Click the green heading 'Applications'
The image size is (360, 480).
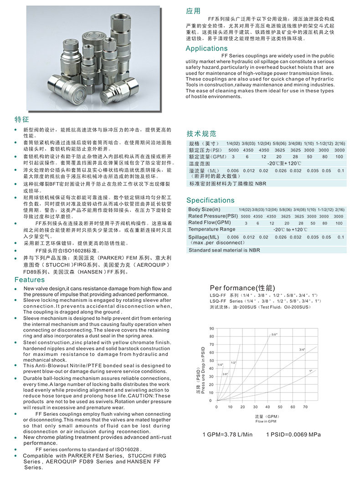206,49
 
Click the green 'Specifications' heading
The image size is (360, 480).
210,200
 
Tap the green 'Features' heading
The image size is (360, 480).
30,280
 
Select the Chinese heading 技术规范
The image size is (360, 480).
201,134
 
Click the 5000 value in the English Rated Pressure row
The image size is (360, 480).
245,216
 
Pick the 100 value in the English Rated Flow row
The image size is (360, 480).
339,223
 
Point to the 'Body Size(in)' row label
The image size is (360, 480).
204,209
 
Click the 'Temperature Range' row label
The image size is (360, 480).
211,229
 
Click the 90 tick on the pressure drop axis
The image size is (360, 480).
211,328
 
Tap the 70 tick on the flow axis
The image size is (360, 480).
305,407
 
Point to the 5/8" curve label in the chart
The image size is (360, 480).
274,335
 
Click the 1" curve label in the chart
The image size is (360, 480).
311,371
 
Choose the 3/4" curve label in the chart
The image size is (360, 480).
302,350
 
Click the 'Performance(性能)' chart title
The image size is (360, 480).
242,288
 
